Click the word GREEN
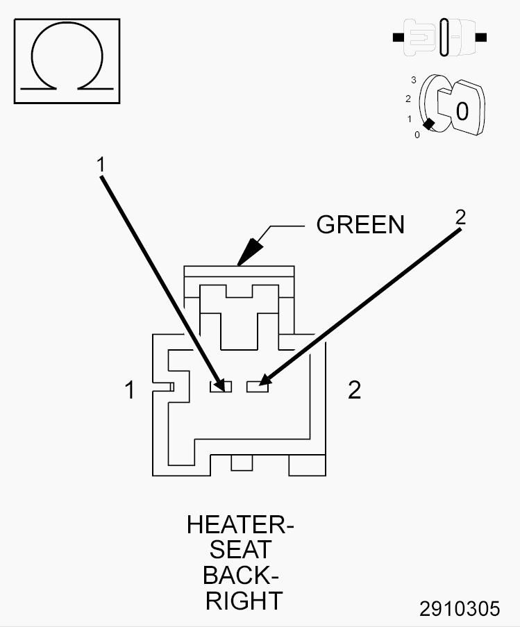tap(360, 224)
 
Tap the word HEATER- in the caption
tap(241, 525)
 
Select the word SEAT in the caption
tap(241, 550)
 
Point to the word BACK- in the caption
tap(241, 576)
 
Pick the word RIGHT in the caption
tap(244, 601)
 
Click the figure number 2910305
tap(460, 609)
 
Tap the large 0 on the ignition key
tap(462, 112)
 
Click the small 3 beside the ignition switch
tap(414, 80)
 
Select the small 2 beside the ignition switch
tap(408, 99)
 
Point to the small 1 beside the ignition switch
tap(410, 119)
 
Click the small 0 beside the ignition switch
tap(417, 135)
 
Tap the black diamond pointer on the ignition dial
tap(428, 124)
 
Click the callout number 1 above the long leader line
tap(101, 165)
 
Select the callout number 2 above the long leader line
tap(461, 217)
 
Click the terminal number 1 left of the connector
tap(130, 390)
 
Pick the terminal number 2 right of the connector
tap(355, 390)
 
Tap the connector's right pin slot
tap(258, 387)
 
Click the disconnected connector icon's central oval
tap(444, 37)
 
